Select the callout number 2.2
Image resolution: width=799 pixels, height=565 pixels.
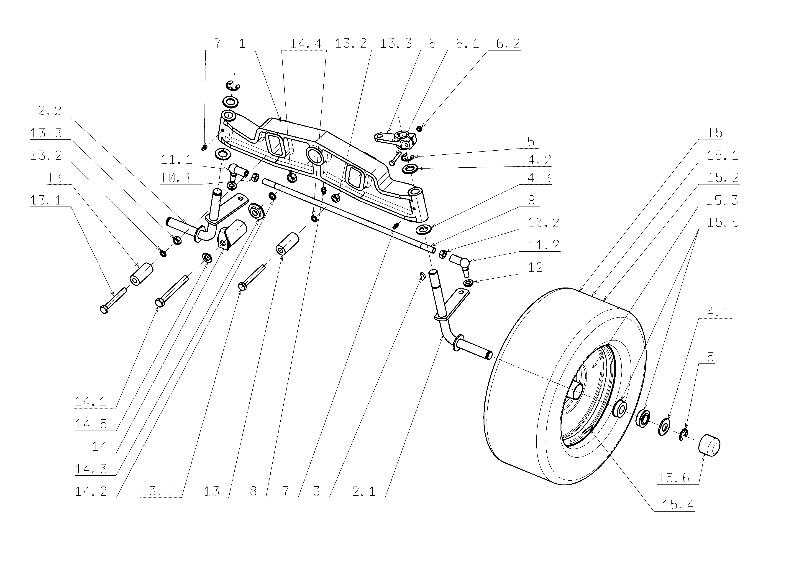49,111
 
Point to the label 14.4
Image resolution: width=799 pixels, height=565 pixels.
305,44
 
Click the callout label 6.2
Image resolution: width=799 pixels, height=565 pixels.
508,44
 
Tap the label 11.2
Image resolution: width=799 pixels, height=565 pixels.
543,245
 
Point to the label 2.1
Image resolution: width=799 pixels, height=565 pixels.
364,491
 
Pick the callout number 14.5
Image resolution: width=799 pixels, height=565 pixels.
91,424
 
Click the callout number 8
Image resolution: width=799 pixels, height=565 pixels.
253,491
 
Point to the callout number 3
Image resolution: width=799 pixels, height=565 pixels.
316,491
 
